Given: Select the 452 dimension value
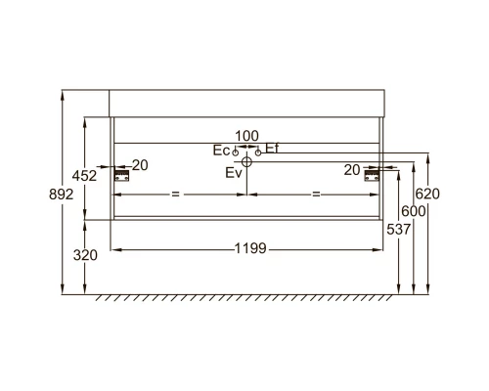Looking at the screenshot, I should (x=86, y=176).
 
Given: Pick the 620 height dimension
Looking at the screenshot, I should (x=427, y=194).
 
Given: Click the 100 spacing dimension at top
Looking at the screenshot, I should (x=246, y=135).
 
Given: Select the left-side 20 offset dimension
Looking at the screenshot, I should (x=140, y=165).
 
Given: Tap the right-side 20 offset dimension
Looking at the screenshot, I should (x=353, y=169).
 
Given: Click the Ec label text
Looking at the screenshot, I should (x=221, y=151).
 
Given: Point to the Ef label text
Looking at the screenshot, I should (x=272, y=148).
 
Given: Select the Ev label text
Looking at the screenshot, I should (x=233, y=173).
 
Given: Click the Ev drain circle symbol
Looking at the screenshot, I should (x=246, y=163).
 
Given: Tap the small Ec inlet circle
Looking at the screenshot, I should (x=236, y=152).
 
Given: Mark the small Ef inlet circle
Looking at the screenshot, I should (x=257, y=152).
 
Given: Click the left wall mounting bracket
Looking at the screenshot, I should (x=122, y=175).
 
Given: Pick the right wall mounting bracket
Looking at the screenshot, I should (x=372, y=175).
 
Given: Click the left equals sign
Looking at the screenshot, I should (x=176, y=195).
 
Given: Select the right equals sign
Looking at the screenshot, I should (x=317, y=195).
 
